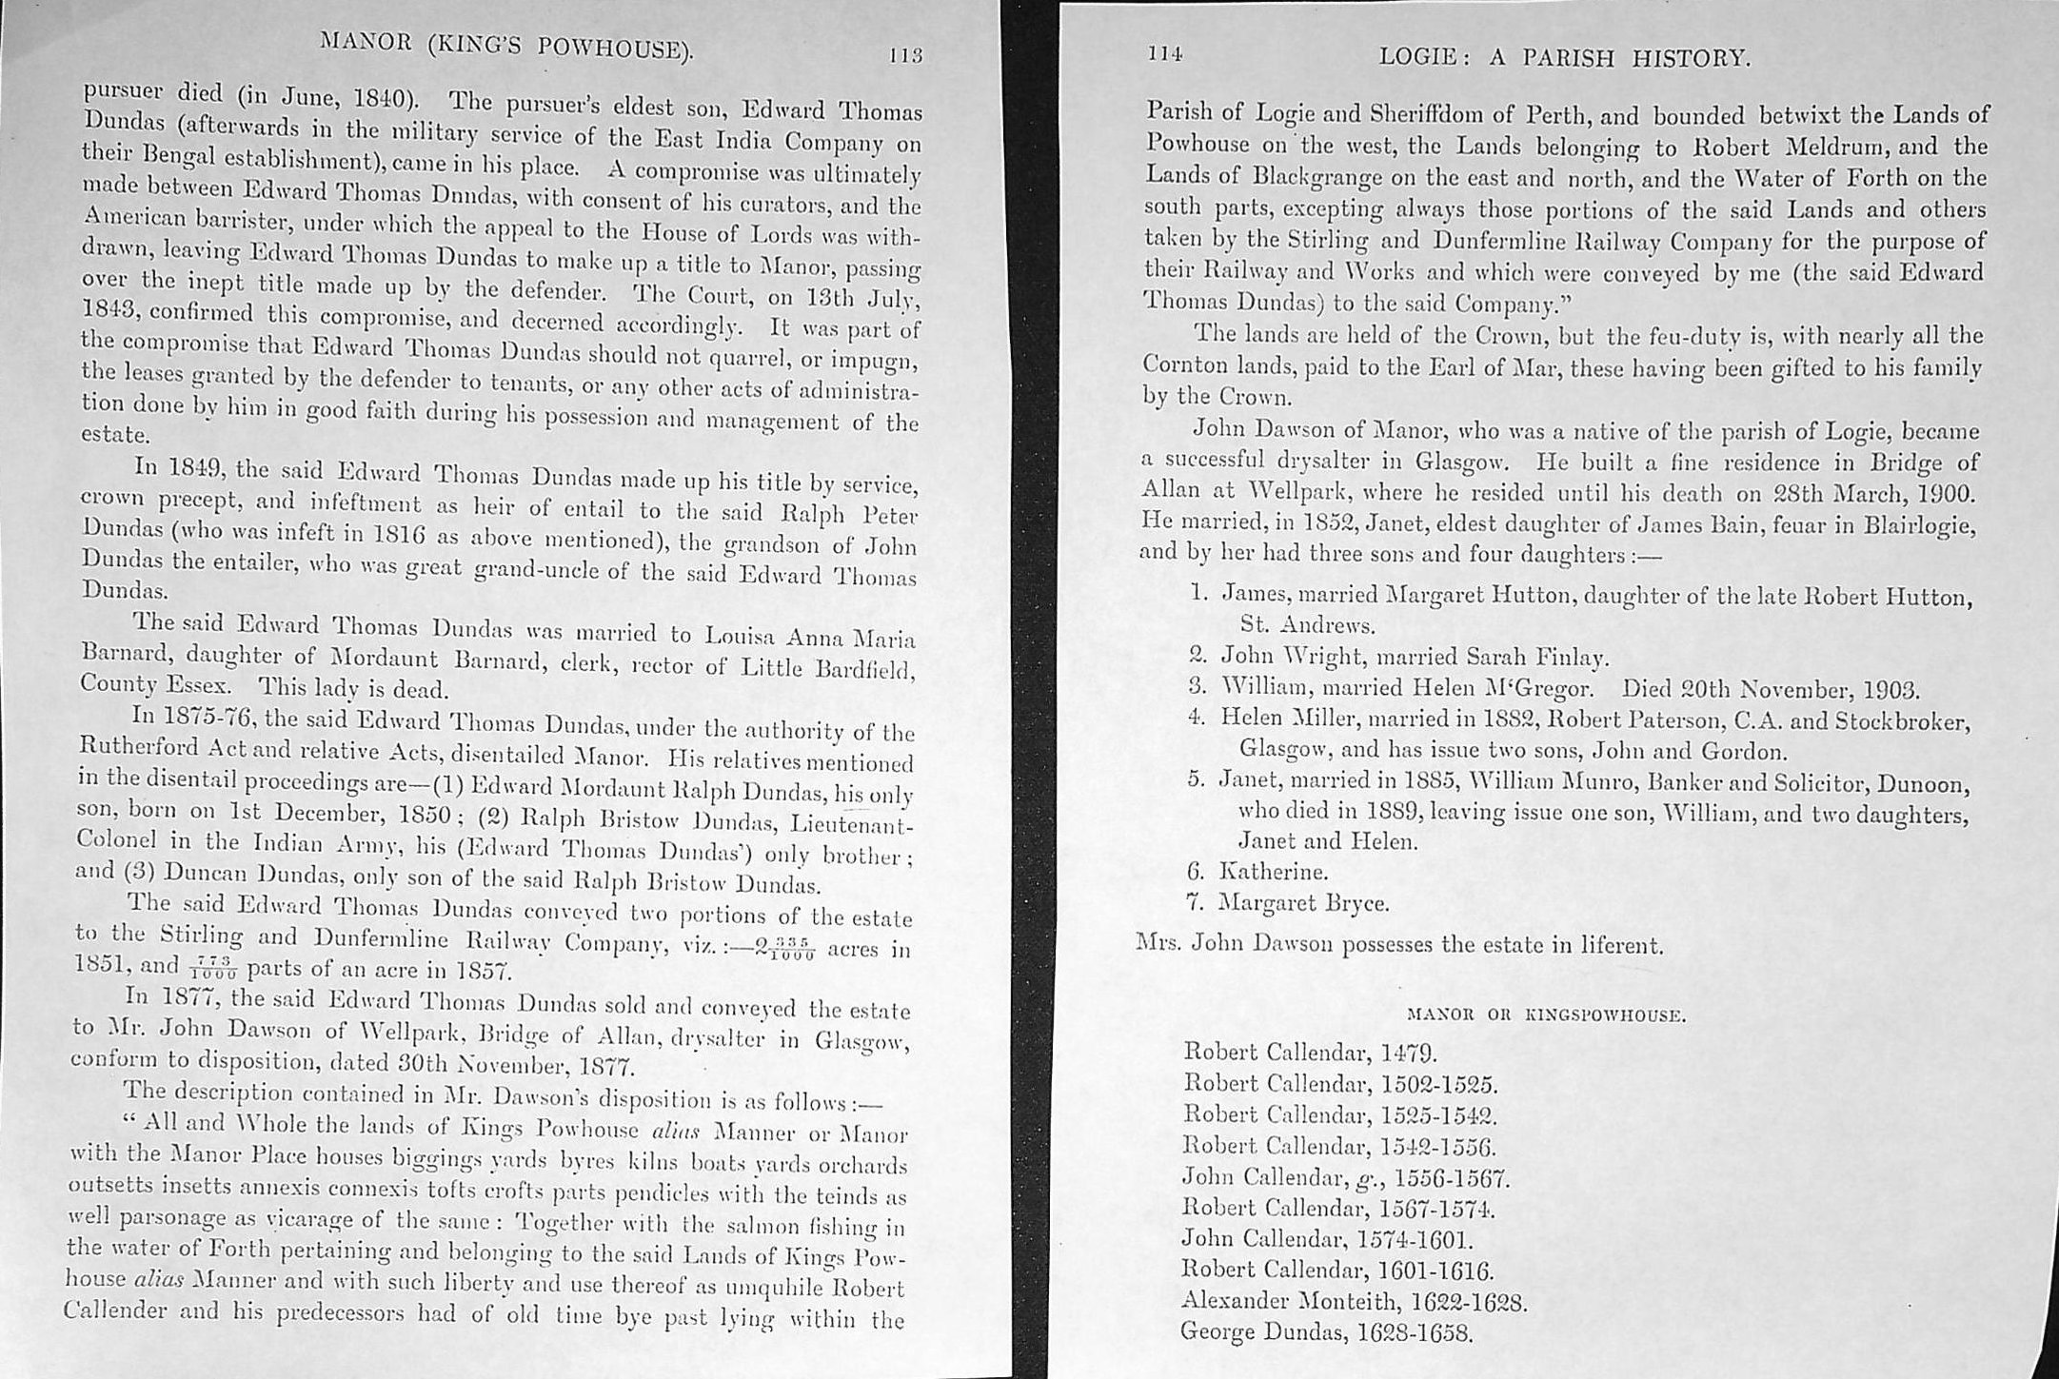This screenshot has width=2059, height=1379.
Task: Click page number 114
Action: point(1163,54)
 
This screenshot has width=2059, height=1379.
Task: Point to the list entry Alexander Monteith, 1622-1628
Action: point(1354,1301)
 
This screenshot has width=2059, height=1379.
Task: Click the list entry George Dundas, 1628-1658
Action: point(1327,1331)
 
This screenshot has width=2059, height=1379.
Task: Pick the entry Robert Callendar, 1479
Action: point(1309,1052)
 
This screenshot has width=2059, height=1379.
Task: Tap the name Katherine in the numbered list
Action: point(1274,871)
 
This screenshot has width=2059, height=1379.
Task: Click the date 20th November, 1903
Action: point(1771,688)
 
